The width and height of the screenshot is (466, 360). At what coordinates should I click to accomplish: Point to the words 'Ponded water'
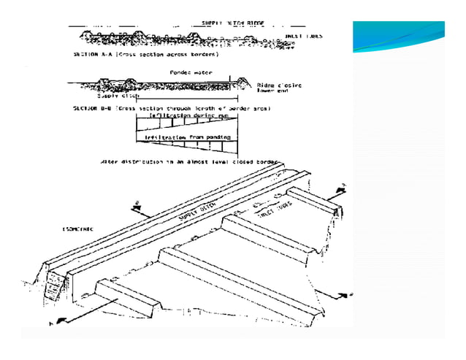click(x=186, y=72)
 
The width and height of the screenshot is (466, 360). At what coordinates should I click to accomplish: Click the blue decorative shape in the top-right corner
click(x=398, y=37)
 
